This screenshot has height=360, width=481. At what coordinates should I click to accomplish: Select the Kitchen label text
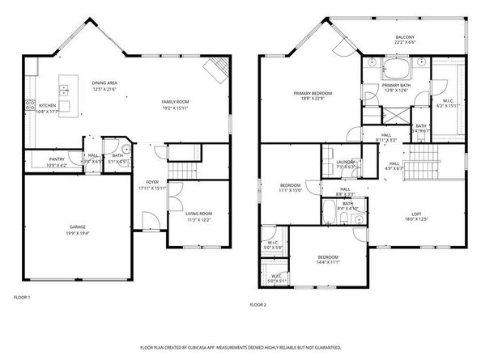tap(48, 105)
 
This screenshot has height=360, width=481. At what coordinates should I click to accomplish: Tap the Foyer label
tap(151, 182)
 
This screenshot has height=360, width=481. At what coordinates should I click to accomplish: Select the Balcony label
tap(406, 37)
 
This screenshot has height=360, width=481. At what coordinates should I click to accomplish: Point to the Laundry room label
tap(345, 162)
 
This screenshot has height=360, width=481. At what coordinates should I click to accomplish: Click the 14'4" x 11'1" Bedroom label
tap(328, 256)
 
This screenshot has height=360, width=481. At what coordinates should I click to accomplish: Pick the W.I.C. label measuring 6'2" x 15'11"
tap(447, 101)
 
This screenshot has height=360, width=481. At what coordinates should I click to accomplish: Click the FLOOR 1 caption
tap(22, 297)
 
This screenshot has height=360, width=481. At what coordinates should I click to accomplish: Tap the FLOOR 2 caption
tap(258, 304)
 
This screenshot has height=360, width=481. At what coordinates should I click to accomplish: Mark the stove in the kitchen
tap(31, 104)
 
